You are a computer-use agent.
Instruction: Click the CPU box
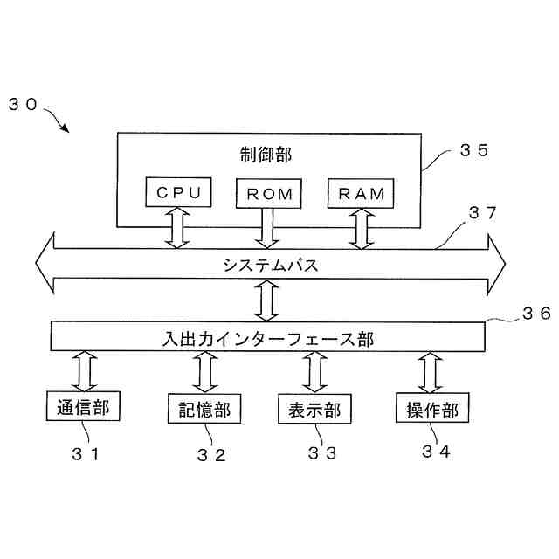coord(178,193)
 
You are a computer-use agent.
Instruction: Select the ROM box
coord(268,193)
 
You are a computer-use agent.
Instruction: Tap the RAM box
coord(359,193)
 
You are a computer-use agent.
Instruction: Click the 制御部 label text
coord(266,154)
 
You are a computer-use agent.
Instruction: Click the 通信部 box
coord(82,406)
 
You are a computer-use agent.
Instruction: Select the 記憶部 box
coord(204,408)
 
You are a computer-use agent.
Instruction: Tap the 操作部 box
coord(431,408)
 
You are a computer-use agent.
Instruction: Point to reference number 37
coord(483,212)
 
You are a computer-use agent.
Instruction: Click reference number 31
coord(86,453)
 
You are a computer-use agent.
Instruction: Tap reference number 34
coord(437,452)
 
